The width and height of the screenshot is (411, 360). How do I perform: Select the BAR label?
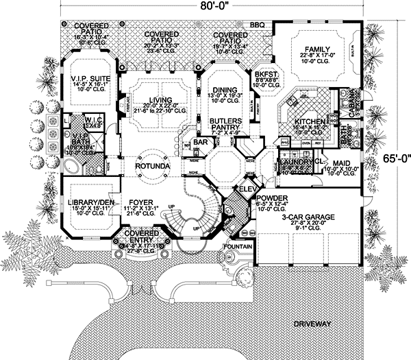pyautogui.click(x=199, y=143)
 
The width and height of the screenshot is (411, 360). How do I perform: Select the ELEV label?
pyautogui.click(x=247, y=187)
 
